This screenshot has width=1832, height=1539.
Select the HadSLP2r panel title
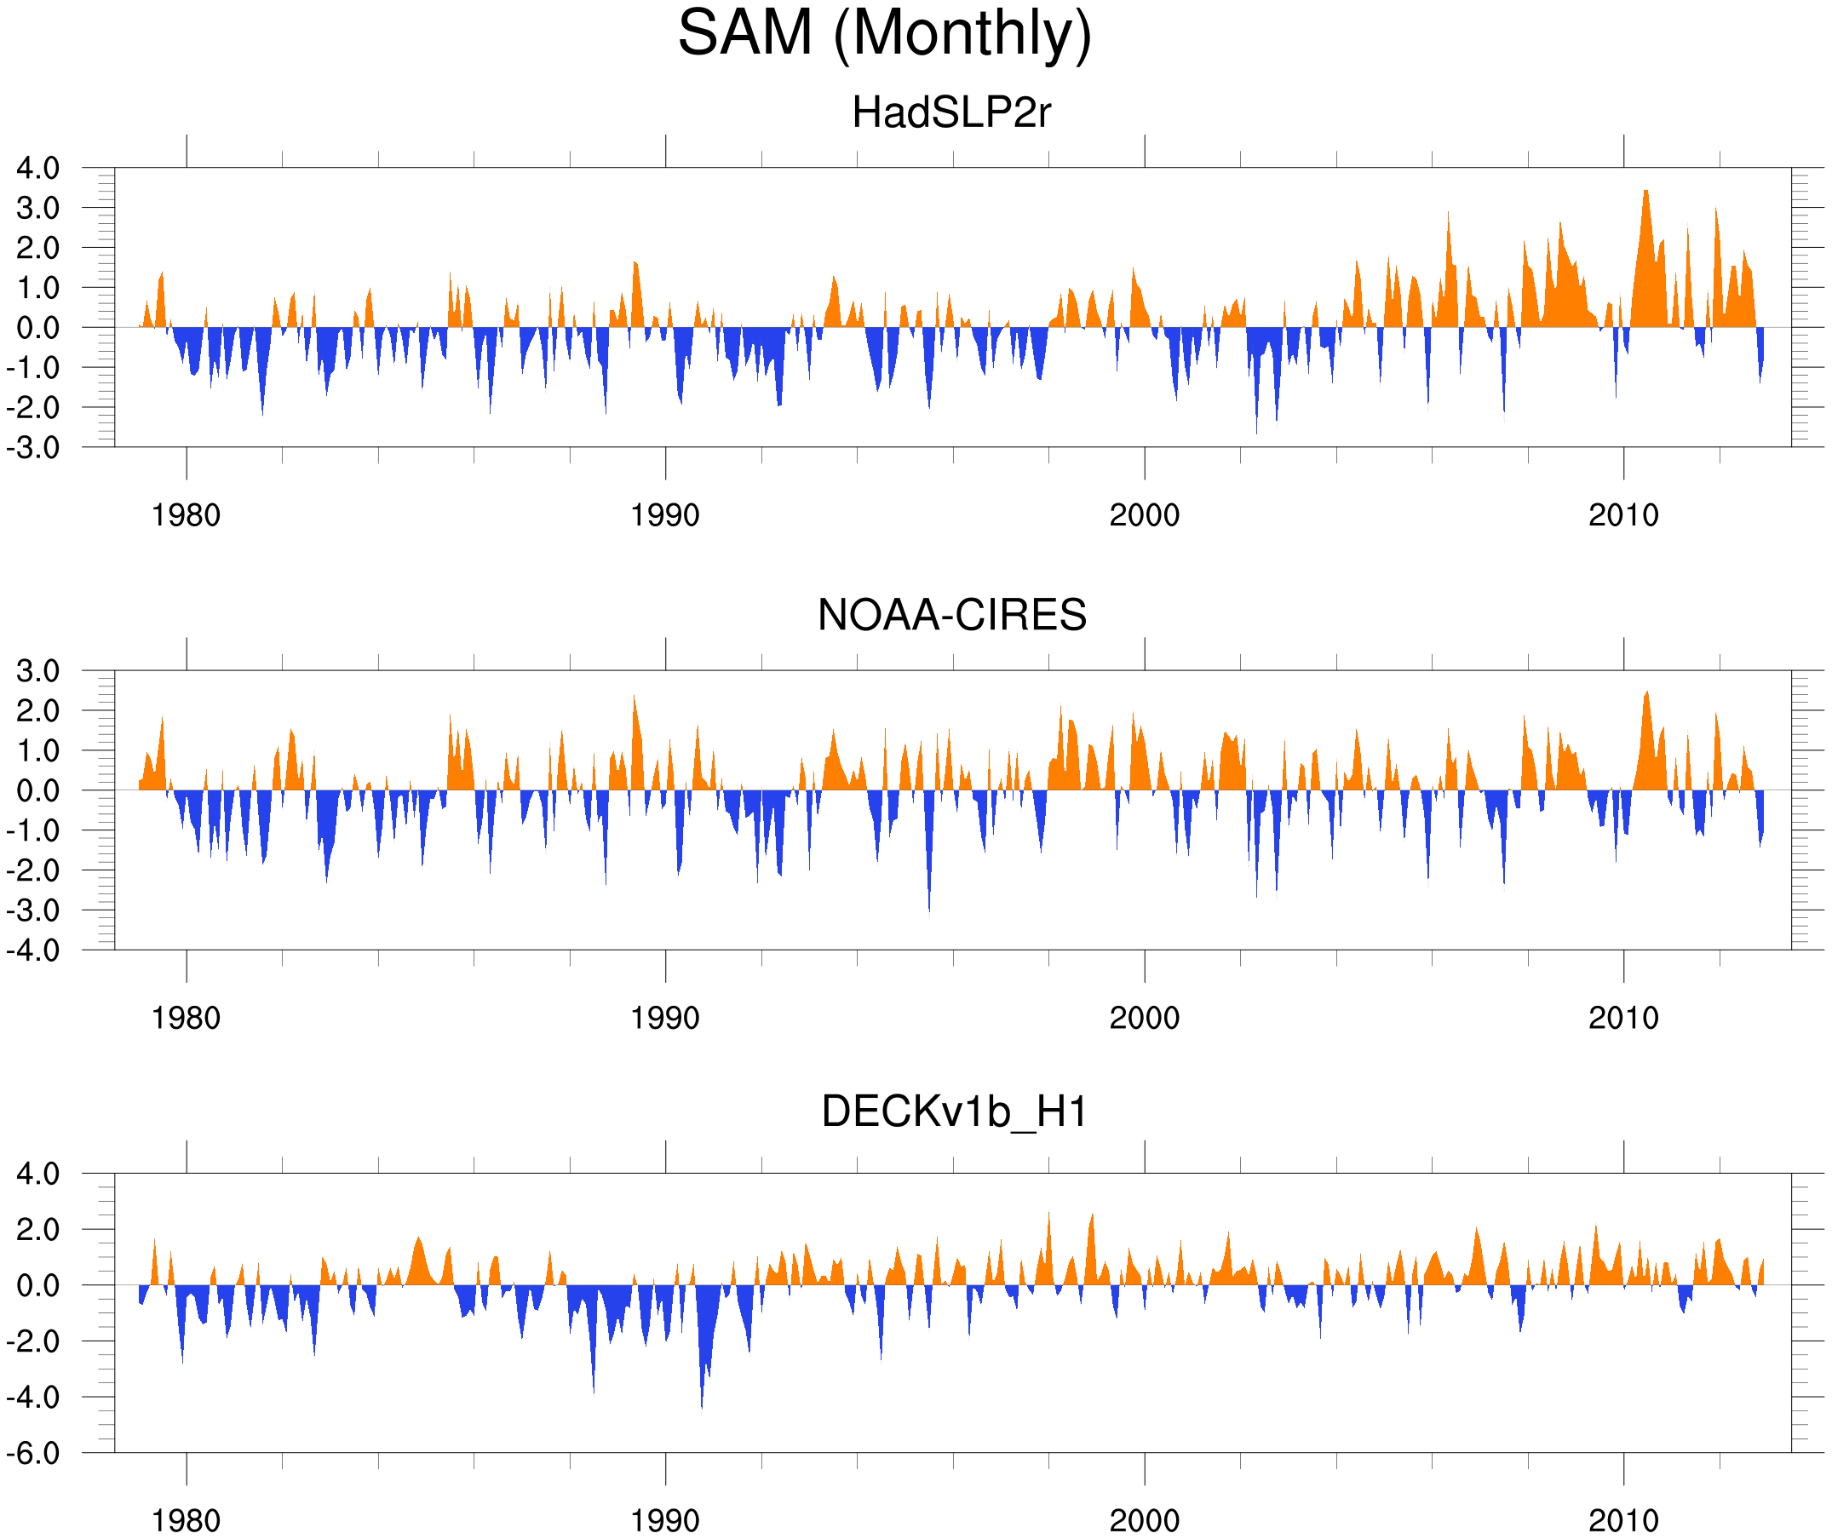pos(950,112)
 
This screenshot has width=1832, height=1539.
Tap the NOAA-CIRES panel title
pos(950,615)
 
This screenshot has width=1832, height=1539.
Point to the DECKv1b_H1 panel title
pos(954,1112)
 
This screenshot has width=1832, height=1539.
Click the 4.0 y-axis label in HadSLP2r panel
pos(37,168)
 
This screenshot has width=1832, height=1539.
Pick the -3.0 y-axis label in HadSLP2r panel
pos(33,448)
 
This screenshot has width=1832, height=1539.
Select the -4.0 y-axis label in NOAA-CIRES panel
pos(33,950)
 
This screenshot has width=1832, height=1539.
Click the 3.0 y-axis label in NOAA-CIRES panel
pos(37,671)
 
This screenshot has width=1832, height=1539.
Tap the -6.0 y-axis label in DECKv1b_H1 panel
pos(33,1453)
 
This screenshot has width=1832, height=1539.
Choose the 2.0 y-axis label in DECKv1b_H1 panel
pos(37,1229)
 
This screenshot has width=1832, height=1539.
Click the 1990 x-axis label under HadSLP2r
pos(665,515)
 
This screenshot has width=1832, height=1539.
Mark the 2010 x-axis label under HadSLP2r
pos(1622,515)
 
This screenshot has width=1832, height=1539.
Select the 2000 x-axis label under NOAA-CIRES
pos(1144,1018)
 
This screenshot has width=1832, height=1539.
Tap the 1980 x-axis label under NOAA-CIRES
pos(186,1018)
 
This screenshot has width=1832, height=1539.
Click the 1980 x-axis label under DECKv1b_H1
pos(186,1520)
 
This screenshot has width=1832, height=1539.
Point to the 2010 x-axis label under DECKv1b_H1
pos(1622,1520)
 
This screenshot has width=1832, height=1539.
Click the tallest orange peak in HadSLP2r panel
pos(1645,192)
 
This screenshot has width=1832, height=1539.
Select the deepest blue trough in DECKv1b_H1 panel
pos(702,1406)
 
